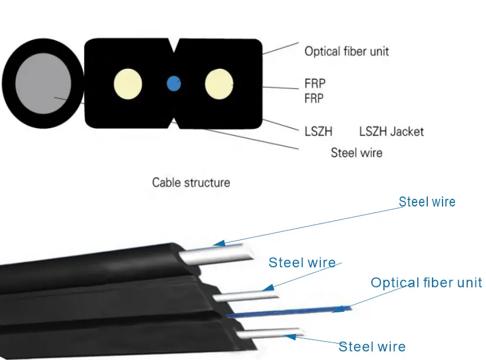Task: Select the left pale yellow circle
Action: click(128, 84)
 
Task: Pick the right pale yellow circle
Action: click(219, 84)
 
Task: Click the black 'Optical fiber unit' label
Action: click(346, 51)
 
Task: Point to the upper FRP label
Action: click(314, 83)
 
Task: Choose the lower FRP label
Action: click(314, 99)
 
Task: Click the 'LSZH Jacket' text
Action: click(391, 131)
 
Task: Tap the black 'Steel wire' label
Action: click(356, 153)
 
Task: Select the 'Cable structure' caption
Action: click(191, 182)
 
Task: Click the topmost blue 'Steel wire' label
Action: click(427, 202)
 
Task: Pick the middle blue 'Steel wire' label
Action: click(302, 263)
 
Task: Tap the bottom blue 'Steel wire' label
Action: click(372, 346)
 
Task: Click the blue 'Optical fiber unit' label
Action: click(426, 283)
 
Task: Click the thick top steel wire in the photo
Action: click(220, 255)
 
